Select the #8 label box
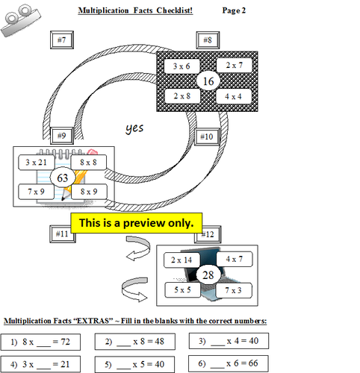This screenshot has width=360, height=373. click(x=207, y=40)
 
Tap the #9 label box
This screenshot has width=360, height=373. click(x=61, y=135)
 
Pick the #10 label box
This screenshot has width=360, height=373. click(x=207, y=137)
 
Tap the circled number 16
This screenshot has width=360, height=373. click(x=208, y=81)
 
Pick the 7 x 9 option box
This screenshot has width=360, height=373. click(x=36, y=192)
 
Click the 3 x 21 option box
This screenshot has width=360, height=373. click(x=36, y=162)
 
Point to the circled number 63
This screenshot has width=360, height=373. click(x=61, y=178)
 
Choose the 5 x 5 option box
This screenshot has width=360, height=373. click(x=181, y=289)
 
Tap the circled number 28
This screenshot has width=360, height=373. click(x=207, y=274)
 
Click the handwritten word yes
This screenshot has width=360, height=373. click(x=134, y=128)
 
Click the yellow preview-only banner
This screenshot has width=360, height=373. click(x=136, y=222)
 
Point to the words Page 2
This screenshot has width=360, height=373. click(x=238, y=10)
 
